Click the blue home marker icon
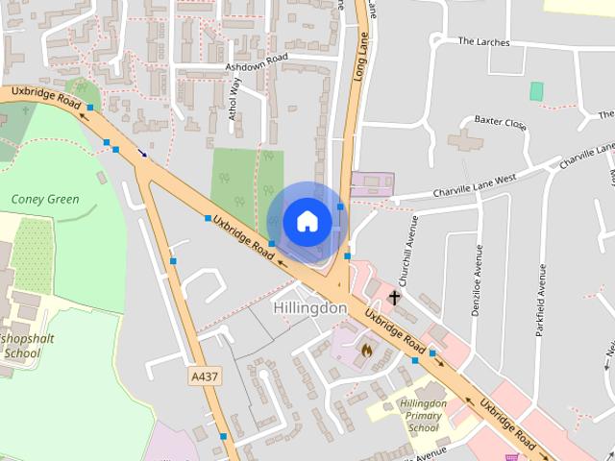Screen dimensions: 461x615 [x=307, y=222]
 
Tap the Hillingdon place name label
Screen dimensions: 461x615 [x=309, y=308]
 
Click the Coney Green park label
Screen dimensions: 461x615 [x=45, y=200]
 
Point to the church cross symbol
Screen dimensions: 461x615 [x=394, y=299]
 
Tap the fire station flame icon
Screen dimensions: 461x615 [x=366, y=351]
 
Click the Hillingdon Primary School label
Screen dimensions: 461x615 [x=422, y=416]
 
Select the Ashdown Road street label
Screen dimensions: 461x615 [x=256, y=62]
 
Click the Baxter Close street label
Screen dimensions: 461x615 [x=501, y=123]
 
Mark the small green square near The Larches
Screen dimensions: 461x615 [x=536, y=91]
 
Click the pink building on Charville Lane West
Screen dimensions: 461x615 [x=372, y=183]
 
